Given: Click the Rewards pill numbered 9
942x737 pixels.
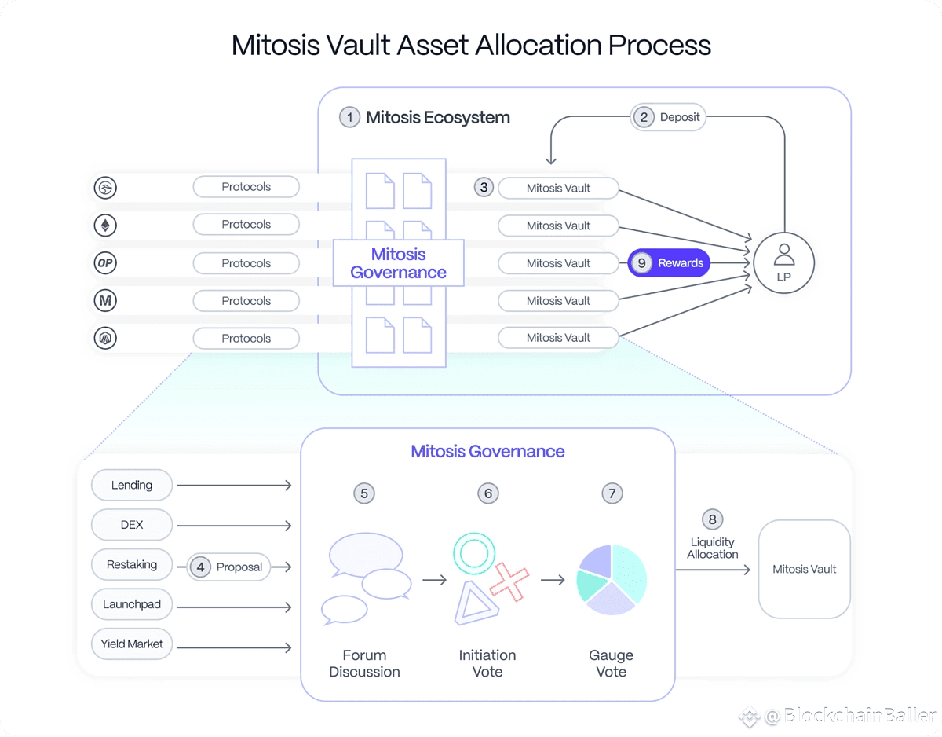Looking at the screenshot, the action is pyautogui.click(x=669, y=263).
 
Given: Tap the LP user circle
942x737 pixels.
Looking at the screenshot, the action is pyautogui.click(x=783, y=263).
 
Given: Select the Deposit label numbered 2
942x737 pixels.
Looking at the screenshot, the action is pyautogui.click(x=668, y=117).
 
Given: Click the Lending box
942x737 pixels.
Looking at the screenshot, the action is pyautogui.click(x=132, y=485).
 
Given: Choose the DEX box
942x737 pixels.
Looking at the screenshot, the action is pyautogui.click(x=132, y=525).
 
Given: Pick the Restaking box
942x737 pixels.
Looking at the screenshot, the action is pyautogui.click(x=132, y=564).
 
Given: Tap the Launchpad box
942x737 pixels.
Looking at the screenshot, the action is pyautogui.click(x=132, y=604).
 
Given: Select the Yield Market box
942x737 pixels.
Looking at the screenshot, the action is pyautogui.click(x=132, y=644).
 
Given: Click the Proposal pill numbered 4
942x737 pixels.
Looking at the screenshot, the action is pyautogui.click(x=228, y=567).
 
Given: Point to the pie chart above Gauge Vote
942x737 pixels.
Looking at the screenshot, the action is pyautogui.click(x=612, y=580).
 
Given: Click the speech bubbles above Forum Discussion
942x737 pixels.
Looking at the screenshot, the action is pyautogui.click(x=367, y=578).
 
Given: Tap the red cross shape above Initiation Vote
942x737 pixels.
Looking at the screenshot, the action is pyautogui.click(x=509, y=582).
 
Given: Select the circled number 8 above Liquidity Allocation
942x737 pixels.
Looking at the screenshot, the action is pyautogui.click(x=712, y=519).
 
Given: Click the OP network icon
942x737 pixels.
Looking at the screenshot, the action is pyautogui.click(x=105, y=263).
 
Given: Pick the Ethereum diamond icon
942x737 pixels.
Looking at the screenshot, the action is pyautogui.click(x=105, y=225).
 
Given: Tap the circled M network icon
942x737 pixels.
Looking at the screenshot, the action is pyautogui.click(x=105, y=300).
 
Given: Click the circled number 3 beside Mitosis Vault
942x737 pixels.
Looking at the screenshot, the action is pyautogui.click(x=484, y=188).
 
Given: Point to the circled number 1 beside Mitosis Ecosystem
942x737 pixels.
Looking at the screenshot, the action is pyautogui.click(x=349, y=117).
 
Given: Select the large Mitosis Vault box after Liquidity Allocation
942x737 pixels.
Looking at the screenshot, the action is pyautogui.click(x=804, y=569).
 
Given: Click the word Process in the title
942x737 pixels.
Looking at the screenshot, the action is pyautogui.click(x=659, y=45).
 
